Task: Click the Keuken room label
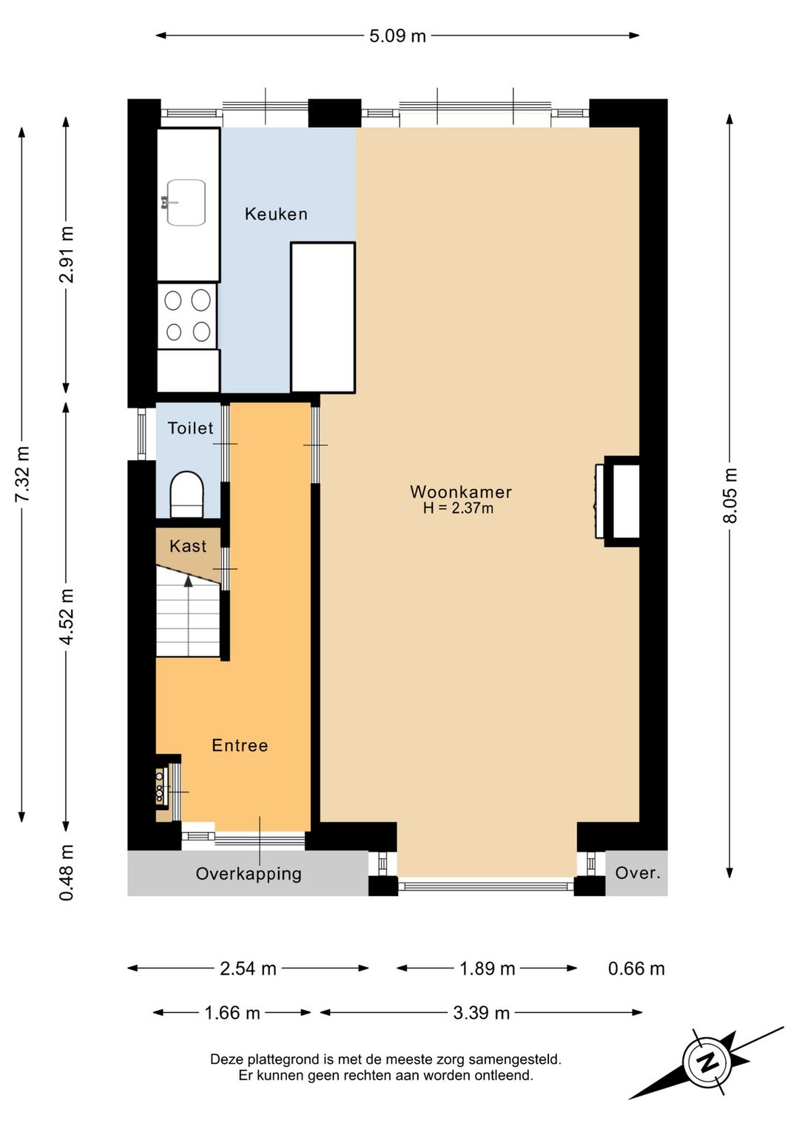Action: click(x=276, y=215)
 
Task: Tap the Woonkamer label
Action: click(x=461, y=492)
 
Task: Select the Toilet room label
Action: click(x=191, y=428)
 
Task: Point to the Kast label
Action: click(x=188, y=546)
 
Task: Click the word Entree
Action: click(x=240, y=746)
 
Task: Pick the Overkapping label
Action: click(x=249, y=874)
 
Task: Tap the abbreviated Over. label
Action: click(x=638, y=873)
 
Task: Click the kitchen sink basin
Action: click(x=186, y=203)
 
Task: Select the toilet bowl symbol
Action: click(x=187, y=494)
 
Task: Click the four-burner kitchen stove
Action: click(x=187, y=316)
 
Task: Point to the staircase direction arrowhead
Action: click(x=188, y=581)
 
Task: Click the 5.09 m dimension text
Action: click(x=398, y=36)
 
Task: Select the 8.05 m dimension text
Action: click(x=730, y=496)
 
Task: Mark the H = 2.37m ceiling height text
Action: click(x=458, y=508)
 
